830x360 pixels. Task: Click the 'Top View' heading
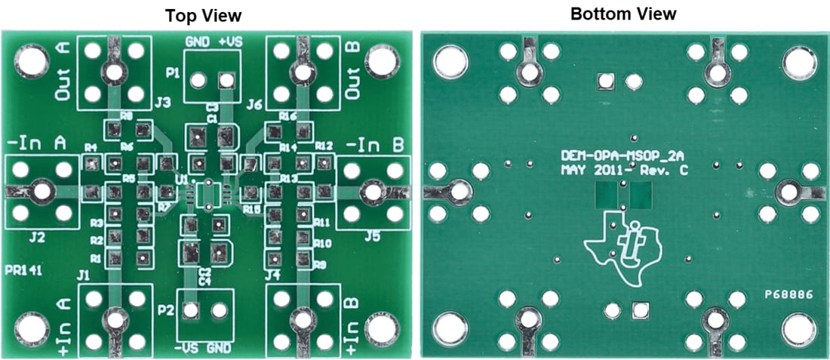point(205,15)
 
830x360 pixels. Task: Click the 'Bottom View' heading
point(623,14)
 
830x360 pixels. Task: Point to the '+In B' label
point(352,324)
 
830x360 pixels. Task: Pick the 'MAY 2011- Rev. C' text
point(625,171)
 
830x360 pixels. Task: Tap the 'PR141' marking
point(20,269)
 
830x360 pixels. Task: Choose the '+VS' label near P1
point(230,42)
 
